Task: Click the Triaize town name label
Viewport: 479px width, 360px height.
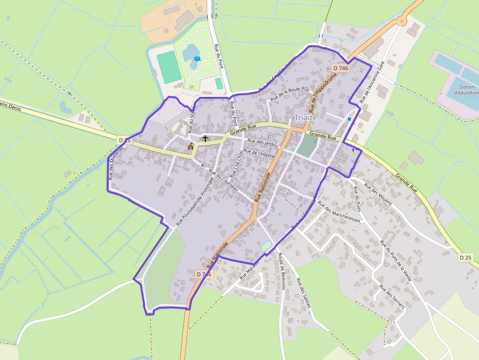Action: (306, 117)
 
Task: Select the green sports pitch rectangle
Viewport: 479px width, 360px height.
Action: (169, 66)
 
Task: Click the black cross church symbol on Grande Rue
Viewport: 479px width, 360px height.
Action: (205, 139)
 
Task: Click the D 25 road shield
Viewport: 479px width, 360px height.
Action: (466, 257)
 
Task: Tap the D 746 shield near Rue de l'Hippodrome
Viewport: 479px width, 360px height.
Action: (340, 68)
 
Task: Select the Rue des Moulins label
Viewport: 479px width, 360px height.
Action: (378, 197)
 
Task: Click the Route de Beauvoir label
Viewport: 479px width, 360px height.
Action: (281, 270)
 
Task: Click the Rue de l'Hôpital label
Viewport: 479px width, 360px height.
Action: (260, 153)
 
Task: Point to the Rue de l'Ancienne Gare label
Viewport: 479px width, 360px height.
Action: (372, 82)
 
